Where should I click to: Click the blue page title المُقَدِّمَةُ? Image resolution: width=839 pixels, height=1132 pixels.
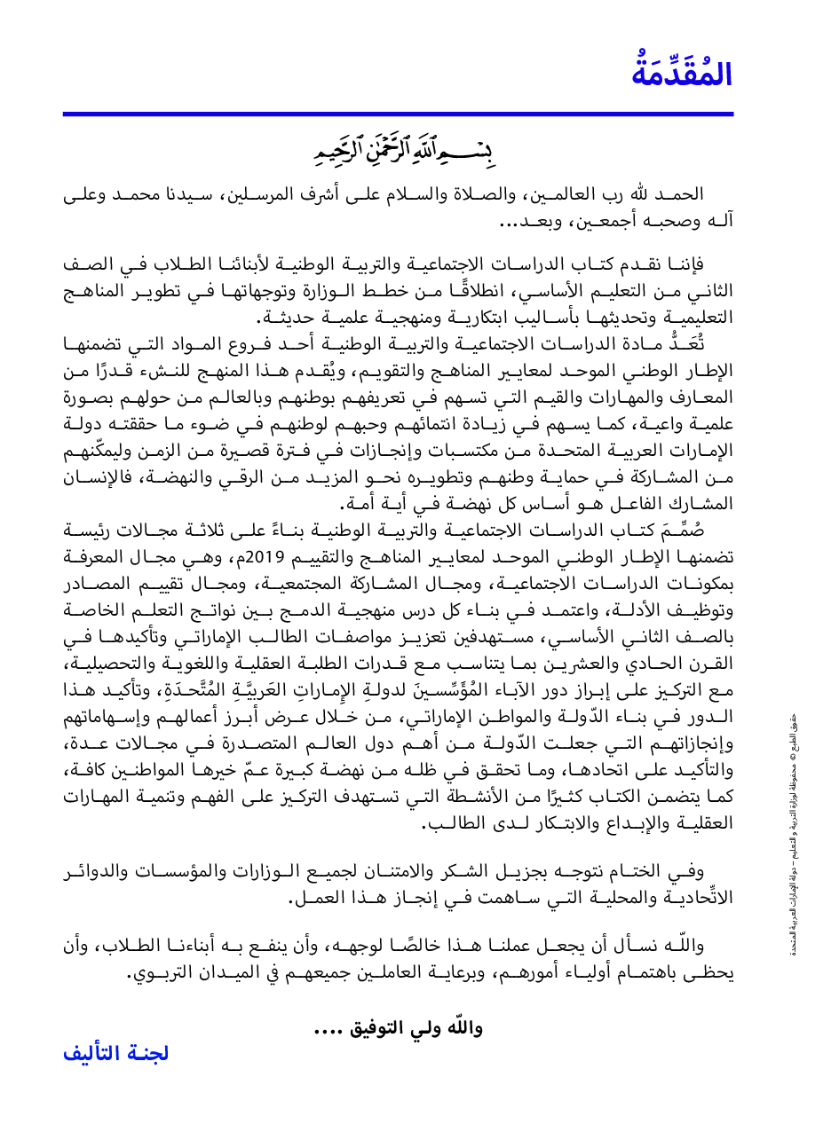(682, 74)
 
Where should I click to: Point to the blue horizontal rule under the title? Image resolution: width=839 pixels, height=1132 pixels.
(398, 114)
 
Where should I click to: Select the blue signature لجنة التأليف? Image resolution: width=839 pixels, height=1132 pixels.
(115, 1054)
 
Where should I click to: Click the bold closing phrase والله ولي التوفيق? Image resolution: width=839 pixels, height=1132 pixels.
(398, 1028)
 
